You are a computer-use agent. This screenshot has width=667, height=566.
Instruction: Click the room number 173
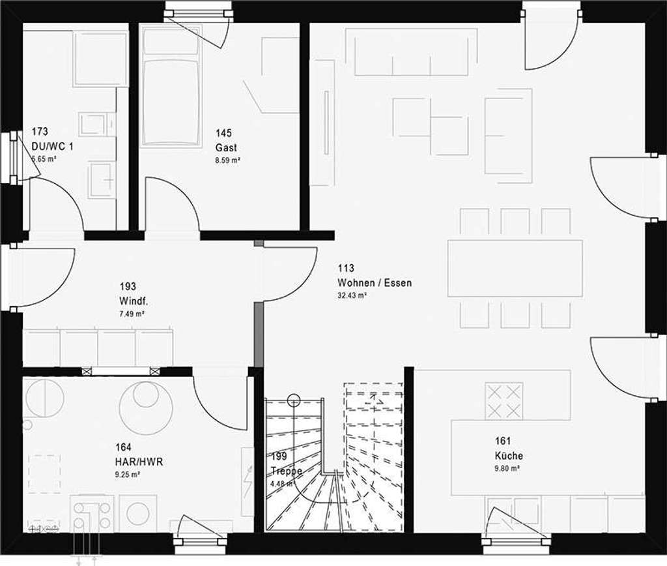pyautogui.click(x=40, y=132)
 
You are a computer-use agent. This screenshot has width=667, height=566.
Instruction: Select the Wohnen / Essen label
pyautogui.click(x=375, y=283)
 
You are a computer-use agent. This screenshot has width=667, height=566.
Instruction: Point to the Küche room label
pyautogui.click(x=508, y=456)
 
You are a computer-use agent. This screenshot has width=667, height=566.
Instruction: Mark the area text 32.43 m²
pyautogui.click(x=352, y=295)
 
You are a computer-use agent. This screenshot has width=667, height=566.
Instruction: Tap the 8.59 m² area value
pyautogui.click(x=228, y=160)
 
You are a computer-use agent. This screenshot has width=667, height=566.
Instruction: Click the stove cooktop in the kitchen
pyautogui.click(x=504, y=400)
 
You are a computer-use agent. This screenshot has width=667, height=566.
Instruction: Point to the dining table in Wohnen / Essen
pyautogui.click(x=515, y=268)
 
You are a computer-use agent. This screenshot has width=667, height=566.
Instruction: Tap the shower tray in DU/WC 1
pyautogui.click(x=100, y=59)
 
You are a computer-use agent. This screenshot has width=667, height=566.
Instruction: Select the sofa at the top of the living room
pyautogui.click(x=410, y=52)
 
